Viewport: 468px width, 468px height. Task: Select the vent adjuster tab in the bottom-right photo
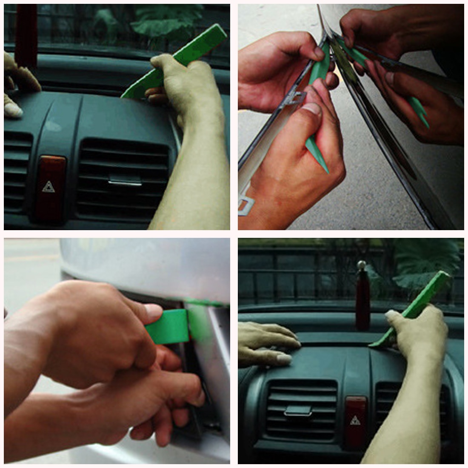point(298,411)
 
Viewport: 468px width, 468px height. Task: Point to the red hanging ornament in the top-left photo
point(26,34)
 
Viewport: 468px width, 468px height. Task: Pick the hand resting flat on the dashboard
point(266,340)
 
